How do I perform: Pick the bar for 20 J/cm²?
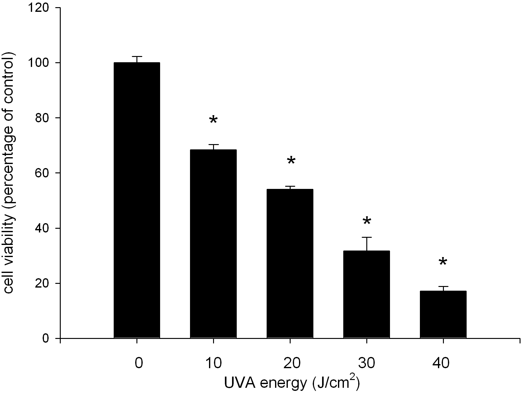coord(290,263)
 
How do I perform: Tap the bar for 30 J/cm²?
coord(367,294)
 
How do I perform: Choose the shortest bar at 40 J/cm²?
coord(443,314)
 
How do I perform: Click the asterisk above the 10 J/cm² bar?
coord(213,120)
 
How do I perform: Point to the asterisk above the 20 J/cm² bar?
coord(291,161)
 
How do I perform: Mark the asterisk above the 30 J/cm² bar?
coord(367,221)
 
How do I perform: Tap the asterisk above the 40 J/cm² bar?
coord(443,262)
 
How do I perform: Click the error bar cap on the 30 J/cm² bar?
coord(367,237)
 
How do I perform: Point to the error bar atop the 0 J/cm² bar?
coord(137,57)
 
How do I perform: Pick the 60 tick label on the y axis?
coord(44,173)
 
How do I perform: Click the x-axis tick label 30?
coord(367,363)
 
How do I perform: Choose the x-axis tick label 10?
coord(213,363)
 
